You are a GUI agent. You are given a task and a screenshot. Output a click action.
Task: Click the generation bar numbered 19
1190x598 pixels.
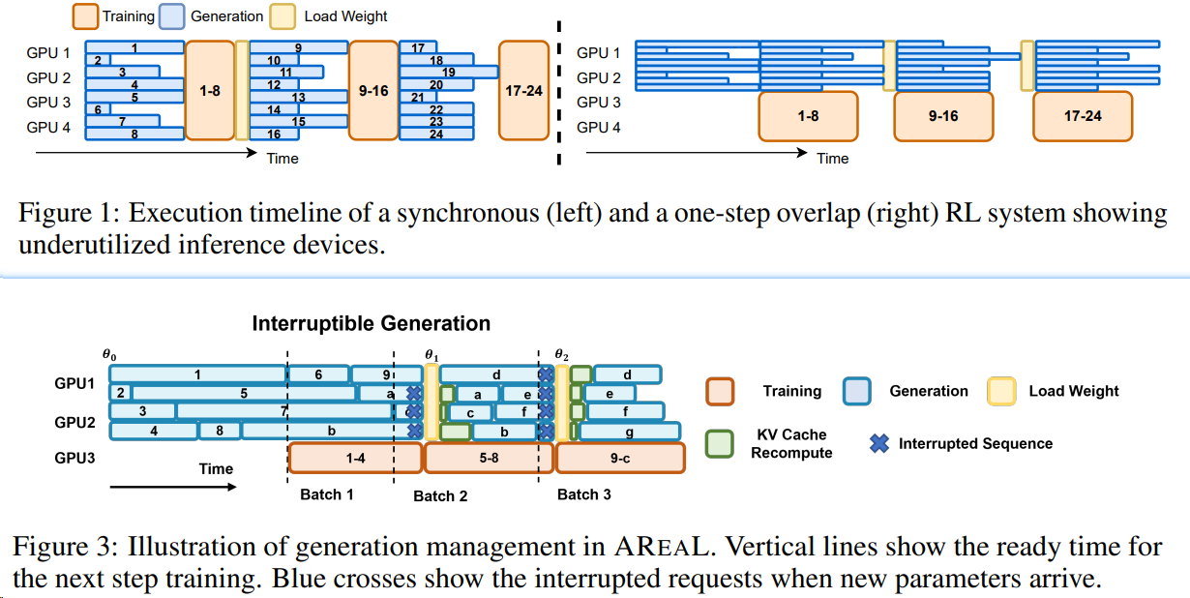point(449,72)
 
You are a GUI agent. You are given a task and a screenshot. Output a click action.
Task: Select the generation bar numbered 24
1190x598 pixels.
point(436,135)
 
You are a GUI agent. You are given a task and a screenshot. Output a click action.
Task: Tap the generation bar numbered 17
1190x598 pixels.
point(418,47)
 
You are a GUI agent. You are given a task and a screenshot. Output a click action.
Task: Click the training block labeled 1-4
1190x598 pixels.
point(355,458)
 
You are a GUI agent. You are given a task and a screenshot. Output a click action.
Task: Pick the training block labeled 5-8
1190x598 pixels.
point(489,458)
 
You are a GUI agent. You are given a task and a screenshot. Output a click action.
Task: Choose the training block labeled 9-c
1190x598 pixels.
point(620,458)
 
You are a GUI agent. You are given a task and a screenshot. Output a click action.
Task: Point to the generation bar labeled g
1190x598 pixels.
point(630,433)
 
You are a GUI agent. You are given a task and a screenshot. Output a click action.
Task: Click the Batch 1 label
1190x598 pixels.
point(327,494)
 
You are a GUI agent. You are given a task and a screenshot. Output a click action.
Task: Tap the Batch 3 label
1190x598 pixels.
point(584,494)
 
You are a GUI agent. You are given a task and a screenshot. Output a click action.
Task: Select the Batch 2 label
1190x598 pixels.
point(440,495)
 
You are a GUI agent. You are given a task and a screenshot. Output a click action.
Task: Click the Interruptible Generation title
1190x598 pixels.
point(372,323)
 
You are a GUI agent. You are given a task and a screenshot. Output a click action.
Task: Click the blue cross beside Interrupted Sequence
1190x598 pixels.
point(879,443)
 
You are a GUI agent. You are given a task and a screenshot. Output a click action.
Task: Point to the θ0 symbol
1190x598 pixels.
point(108,355)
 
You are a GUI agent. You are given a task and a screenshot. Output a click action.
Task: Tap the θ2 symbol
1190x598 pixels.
point(561,354)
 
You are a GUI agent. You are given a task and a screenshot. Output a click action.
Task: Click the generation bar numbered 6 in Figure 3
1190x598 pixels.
point(318,374)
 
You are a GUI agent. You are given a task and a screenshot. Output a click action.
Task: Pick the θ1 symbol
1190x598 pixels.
point(431,354)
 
